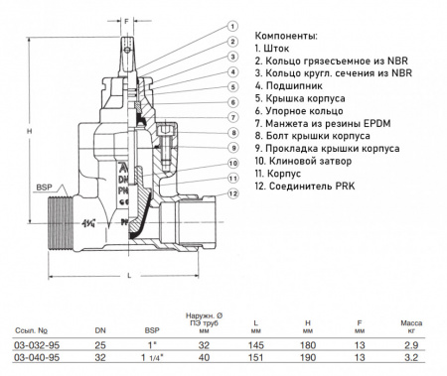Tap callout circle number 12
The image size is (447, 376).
[x=231, y=194]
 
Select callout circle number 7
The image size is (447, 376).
[x=231, y=117]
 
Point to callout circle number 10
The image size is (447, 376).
[x=231, y=162]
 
